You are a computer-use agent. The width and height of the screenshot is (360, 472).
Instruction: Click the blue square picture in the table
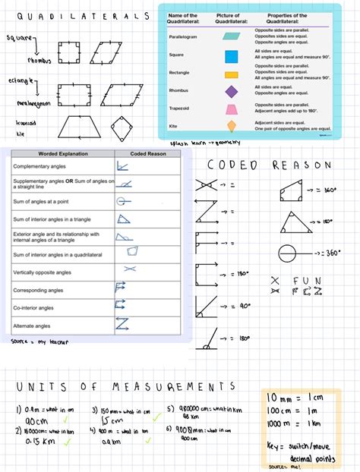(x=230, y=56)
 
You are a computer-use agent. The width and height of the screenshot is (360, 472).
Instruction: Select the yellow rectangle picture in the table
(x=230, y=74)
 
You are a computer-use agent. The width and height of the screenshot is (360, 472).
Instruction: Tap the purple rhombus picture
(x=230, y=91)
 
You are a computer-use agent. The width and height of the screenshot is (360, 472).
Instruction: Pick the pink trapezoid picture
(x=230, y=109)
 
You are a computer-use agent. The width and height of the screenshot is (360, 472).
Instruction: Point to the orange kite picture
(x=230, y=127)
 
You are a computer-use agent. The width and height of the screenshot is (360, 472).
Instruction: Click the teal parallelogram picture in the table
(x=230, y=36)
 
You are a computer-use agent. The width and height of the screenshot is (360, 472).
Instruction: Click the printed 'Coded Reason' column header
(x=147, y=154)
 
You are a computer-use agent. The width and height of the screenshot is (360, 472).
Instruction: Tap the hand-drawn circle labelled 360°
(x=287, y=253)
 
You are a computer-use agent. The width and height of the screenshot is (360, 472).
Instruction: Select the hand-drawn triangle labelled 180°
(x=296, y=221)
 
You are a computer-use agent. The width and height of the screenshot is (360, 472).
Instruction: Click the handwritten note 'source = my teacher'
(x=38, y=342)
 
